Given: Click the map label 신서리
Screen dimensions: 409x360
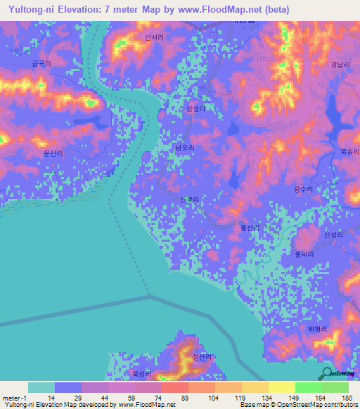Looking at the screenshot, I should [x=153, y=39].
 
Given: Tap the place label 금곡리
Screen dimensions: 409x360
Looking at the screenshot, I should [x=41, y=63].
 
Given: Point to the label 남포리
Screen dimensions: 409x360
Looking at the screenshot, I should [x=185, y=148].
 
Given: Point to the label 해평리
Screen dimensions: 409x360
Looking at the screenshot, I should [x=318, y=328].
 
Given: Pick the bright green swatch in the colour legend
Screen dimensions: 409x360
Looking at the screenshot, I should [x=308, y=387].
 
